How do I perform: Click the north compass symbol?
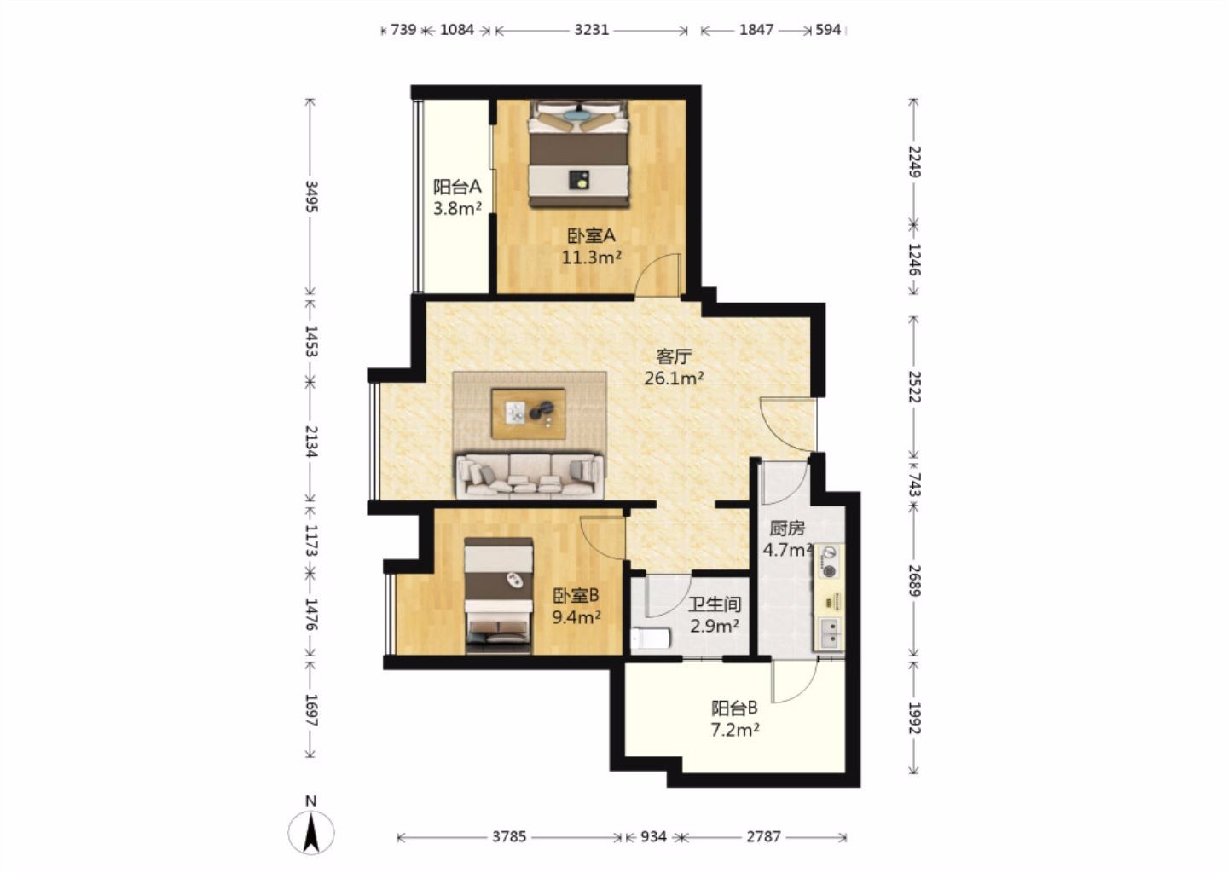[x=310, y=831]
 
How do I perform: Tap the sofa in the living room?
[x=530, y=475]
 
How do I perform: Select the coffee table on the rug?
[x=529, y=413]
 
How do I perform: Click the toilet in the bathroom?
[x=650, y=639]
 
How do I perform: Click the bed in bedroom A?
[x=578, y=153]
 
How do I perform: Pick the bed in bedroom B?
[x=498, y=596]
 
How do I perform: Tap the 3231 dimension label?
[x=592, y=30]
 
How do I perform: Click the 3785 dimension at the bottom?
[x=509, y=837]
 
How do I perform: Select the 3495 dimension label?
[x=310, y=196]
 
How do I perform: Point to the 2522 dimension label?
[x=914, y=386]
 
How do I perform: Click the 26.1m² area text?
[x=674, y=379]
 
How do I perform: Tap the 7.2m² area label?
[x=734, y=730]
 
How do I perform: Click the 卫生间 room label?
[x=715, y=604]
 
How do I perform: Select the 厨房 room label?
[x=787, y=529]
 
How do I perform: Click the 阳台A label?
[x=457, y=187]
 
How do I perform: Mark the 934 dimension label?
[x=653, y=837]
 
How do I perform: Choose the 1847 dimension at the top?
[x=756, y=30]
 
